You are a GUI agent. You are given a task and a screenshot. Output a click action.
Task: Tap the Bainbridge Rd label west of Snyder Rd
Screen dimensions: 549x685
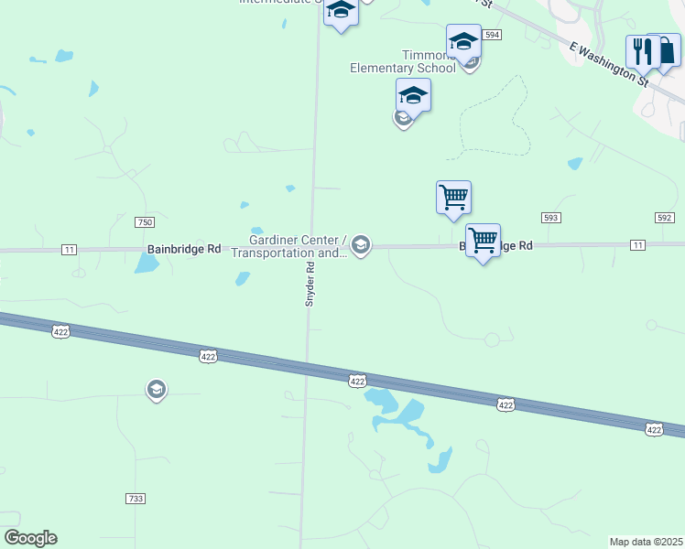(x=184, y=249)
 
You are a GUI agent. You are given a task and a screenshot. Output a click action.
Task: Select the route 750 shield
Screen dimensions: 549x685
(x=144, y=222)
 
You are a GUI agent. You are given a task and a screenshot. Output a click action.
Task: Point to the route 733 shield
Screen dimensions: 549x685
(x=135, y=499)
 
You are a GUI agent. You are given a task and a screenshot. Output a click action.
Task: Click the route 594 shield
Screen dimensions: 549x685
(x=493, y=35)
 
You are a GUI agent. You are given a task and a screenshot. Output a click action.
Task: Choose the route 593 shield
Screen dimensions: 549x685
(x=550, y=218)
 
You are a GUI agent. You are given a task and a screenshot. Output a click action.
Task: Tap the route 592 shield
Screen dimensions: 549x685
(x=664, y=218)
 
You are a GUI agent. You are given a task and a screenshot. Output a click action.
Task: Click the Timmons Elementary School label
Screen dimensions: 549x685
(x=403, y=60)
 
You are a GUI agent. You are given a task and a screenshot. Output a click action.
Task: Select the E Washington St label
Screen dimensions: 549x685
(x=609, y=61)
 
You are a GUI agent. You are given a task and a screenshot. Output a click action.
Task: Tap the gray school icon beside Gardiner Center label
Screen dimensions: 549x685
(x=361, y=244)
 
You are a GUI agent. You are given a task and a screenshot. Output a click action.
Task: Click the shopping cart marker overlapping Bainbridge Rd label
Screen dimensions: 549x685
(x=483, y=241)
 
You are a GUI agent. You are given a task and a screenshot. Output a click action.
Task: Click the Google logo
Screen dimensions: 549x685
(x=30, y=538)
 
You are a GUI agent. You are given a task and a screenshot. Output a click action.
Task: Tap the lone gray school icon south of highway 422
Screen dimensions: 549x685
(x=157, y=391)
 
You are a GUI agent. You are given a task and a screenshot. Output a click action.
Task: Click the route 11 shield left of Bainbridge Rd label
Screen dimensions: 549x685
(x=70, y=249)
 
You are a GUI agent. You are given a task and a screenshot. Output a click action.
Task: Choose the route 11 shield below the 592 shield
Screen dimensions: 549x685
(x=637, y=244)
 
